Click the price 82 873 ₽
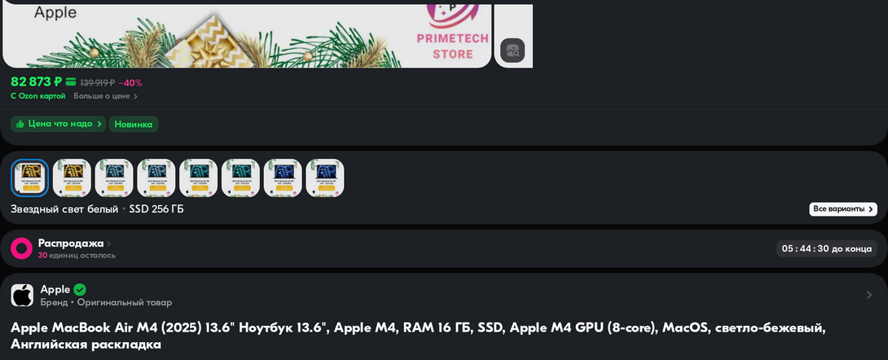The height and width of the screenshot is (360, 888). click(37, 81)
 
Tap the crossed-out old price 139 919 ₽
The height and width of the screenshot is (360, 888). click(97, 83)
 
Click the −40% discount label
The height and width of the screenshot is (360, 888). click(130, 83)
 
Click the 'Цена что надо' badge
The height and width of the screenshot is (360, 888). click(59, 124)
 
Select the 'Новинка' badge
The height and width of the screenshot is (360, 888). click(134, 125)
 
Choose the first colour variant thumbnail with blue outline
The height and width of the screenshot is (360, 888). click(29, 178)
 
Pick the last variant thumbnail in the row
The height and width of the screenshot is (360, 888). click(325, 178)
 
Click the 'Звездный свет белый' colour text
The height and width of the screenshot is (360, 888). click(64, 209)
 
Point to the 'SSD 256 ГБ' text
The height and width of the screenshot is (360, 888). click(156, 209)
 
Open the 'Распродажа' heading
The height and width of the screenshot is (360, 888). click(71, 243)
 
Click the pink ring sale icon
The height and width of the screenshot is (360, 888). click(22, 248)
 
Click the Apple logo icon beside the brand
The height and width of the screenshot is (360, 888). click(22, 296)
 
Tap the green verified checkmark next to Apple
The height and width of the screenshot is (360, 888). click(80, 289)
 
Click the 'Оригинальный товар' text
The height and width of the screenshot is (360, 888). click(125, 303)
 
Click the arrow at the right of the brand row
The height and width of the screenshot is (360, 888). click(868, 295)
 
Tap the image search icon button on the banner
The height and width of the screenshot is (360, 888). click(512, 50)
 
